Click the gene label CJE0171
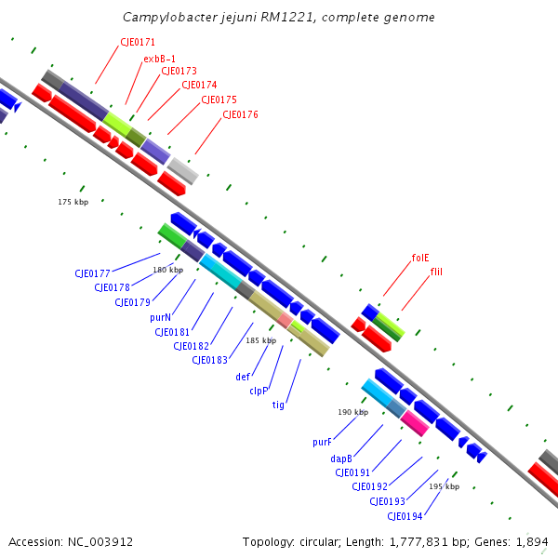(x=138, y=42)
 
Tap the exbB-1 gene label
(x=159, y=59)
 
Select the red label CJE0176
(x=240, y=114)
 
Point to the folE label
(x=420, y=258)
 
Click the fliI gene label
(x=437, y=271)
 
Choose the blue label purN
(x=160, y=317)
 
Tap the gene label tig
(x=278, y=405)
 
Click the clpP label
(x=259, y=391)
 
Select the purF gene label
(x=322, y=443)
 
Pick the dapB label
(x=340, y=458)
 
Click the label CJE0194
(x=405, y=516)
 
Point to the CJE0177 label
(x=92, y=273)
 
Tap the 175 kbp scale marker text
(x=73, y=202)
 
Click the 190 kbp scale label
(x=352, y=412)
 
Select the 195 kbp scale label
(x=444, y=486)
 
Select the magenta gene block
(x=414, y=423)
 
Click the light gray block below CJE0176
(x=182, y=170)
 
